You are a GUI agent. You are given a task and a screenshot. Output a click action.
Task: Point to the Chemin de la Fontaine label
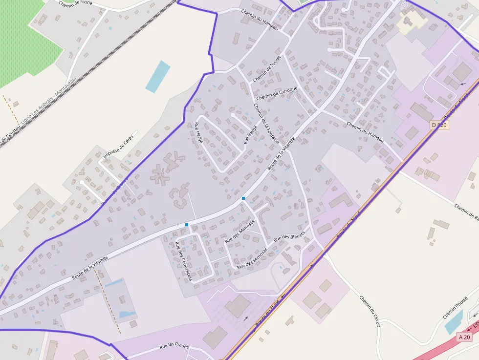[x=266, y=123]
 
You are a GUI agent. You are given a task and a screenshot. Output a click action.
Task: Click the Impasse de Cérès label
[x=118, y=147]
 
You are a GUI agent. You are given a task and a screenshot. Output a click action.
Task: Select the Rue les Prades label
[x=174, y=347]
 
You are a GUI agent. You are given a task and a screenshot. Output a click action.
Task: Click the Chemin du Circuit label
[x=370, y=311]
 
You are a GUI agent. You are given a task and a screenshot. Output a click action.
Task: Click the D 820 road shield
[x=440, y=125]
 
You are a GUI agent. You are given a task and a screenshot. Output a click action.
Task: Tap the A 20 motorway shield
[x=465, y=337]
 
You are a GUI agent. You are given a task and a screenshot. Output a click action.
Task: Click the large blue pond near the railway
[x=158, y=76]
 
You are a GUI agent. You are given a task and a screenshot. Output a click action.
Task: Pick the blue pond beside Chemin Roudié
[x=454, y=322]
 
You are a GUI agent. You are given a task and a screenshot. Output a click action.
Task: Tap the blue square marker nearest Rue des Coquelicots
[x=187, y=225]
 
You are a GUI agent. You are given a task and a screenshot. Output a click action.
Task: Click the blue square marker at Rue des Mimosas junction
[x=243, y=198]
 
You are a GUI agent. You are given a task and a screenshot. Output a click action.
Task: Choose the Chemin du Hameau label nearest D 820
[x=365, y=132]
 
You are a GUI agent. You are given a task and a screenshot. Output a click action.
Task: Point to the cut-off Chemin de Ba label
[x=466, y=210]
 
